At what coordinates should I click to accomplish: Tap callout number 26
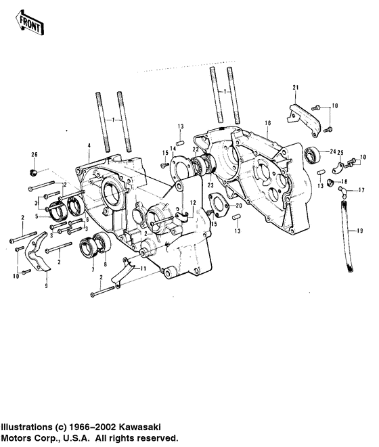[35, 156]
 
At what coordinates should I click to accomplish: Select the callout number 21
[295, 89]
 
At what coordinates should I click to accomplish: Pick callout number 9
[46, 287]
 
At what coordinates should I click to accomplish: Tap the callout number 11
[143, 269]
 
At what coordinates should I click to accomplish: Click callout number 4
[88, 146]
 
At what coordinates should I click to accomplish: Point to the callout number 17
[361, 192]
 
